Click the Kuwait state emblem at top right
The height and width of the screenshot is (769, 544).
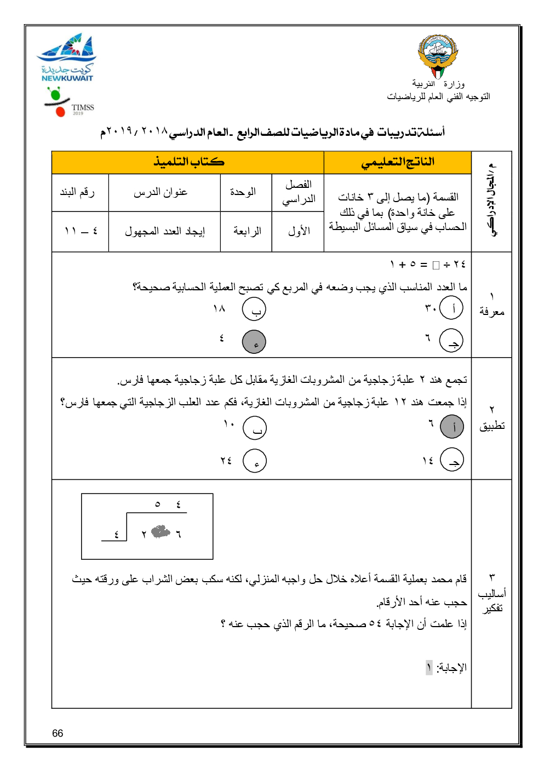click(x=438, y=55)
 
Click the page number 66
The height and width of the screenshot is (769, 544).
click(x=58, y=733)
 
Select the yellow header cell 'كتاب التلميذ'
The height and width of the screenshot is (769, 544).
click(x=188, y=163)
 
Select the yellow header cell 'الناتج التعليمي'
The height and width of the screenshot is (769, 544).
click(x=397, y=163)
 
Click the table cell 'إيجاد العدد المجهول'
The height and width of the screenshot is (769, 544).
click(x=164, y=232)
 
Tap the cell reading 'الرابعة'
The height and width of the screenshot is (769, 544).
click(x=247, y=232)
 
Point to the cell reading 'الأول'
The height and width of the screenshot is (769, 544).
click(x=299, y=232)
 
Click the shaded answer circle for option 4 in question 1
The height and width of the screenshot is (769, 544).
click(x=254, y=342)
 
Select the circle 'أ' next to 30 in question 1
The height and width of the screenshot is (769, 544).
click(x=451, y=308)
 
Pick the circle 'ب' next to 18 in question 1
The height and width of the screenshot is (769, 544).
click(x=254, y=309)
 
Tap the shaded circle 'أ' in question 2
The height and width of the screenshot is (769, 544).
click(x=452, y=427)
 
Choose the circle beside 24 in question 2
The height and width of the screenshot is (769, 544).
click(x=255, y=461)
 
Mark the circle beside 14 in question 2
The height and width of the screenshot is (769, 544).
click(x=452, y=460)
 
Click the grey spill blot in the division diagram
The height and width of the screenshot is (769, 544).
click(x=161, y=531)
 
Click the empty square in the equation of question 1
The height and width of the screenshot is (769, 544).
click(x=436, y=266)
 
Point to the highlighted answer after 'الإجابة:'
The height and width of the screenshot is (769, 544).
click(x=429, y=668)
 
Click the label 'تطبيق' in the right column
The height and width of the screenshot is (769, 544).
click(x=491, y=426)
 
